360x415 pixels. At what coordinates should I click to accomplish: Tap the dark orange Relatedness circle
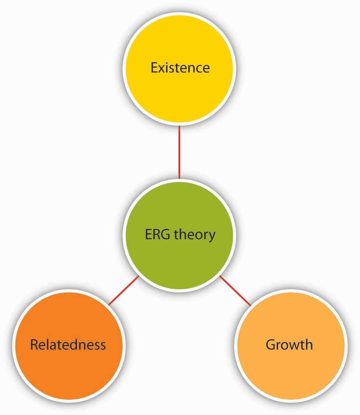pyautogui.click(x=68, y=369)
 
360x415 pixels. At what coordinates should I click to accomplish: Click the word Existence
pyautogui.click(x=180, y=68)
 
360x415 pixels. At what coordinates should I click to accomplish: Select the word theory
pyautogui.click(x=194, y=234)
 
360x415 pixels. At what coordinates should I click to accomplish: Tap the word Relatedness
pyautogui.click(x=68, y=344)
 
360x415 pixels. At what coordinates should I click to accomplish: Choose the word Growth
pyautogui.click(x=289, y=344)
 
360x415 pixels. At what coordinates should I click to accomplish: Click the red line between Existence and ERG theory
pyautogui.click(x=179, y=152)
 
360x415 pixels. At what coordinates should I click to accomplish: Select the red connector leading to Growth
pyautogui.click(x=235, y=291)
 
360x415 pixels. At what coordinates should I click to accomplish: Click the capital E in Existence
pyautogui.click(x=154, y=68)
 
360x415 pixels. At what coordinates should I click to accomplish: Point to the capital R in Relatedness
pyautogui.click(x=34, y=344)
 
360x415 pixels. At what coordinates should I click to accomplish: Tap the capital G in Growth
pyautogui.click(x=271, y=344)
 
